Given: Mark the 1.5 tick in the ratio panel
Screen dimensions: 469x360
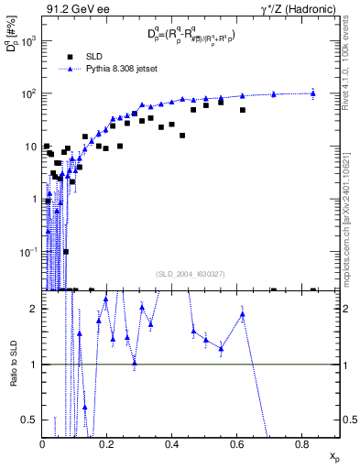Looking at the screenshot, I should coord(33,336).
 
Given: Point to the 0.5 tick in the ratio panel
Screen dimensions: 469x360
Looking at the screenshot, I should coord(33,420).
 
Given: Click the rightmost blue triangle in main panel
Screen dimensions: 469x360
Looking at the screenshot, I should coord(313,93).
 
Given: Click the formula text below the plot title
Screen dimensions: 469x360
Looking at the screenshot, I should coord(190,36).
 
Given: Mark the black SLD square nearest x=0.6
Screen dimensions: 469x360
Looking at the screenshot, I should coord(243,110).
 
